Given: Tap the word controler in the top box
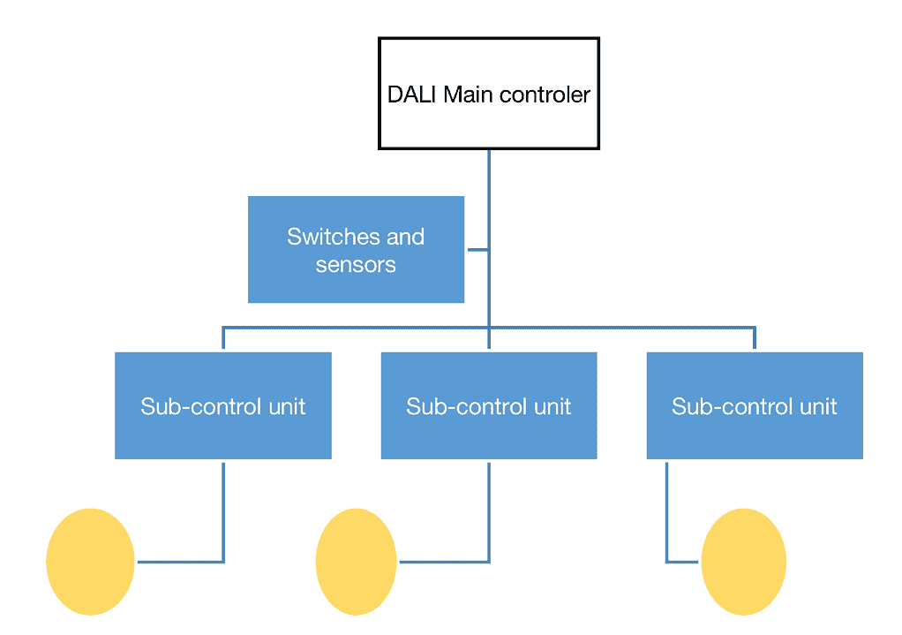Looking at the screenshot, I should [545, 94].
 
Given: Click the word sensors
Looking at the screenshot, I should [356, 264].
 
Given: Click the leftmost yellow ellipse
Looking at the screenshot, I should [90, 562].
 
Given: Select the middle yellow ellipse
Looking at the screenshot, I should [356, 562].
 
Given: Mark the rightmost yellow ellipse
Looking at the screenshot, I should [743, 562].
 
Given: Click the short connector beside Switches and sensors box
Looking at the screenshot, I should [477, 250].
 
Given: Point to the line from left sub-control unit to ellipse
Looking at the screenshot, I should [223, 512].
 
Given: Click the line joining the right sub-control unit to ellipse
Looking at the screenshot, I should [667, 512].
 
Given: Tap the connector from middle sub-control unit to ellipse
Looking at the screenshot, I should [489, 512].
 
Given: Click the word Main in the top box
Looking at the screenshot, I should [467, 94].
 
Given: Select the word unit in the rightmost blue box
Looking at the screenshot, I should [817, 406].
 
